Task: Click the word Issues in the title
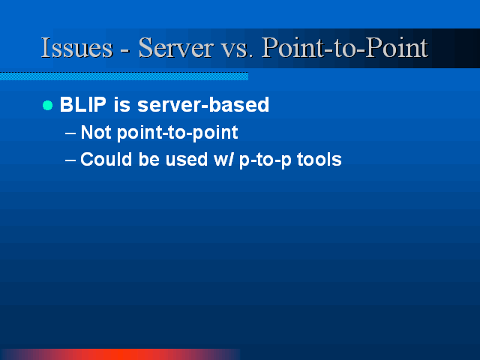point(76,47)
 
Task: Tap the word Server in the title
point(175,47)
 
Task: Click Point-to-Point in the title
point(345,47)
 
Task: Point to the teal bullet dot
point(47,105)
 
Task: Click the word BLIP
point(83,104)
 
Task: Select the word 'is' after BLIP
point(121,104)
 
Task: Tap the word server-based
point(203,104)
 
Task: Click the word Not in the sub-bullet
point(96,132)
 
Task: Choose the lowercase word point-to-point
point(178,133)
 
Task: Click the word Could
point(106,160)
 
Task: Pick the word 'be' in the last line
point(149,160)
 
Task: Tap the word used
point(187,160)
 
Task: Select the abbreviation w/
point(223,160)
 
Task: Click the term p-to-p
point(265,160)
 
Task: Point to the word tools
point(319,160)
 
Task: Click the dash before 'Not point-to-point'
point(70,133)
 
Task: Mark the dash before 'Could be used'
point(70,160)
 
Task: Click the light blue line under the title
point(124,76)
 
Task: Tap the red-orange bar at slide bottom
point(120,355)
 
